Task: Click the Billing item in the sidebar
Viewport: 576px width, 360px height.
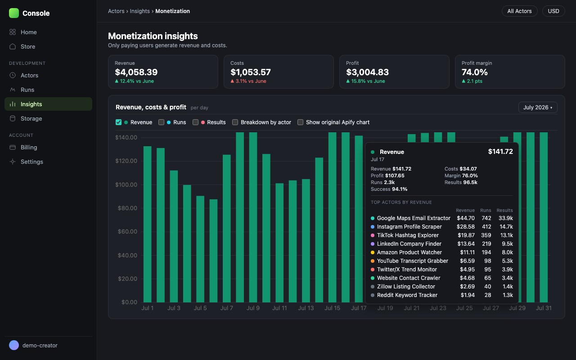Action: click(x=29, y=147)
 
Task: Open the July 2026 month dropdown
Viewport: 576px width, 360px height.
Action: click(x=538, y=108)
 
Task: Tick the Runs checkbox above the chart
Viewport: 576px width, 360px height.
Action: click(x=161, y=122)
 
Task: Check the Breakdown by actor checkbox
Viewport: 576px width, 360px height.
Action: click(x=235, y=122)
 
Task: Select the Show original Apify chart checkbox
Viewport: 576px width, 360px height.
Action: click(x=300, y=122)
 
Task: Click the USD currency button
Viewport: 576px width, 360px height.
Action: click(x=553, y=11)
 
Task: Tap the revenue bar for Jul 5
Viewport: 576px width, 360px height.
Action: click(x=200, y=249)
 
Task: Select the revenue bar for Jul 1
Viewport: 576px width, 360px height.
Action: click(x=147, y=224)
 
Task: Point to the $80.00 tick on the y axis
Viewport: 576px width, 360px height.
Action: click(x=127, y=208)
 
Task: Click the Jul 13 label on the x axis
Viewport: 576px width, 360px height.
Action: click(x=306, y=308)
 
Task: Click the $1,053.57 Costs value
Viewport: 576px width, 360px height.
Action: click(x=251, y=72)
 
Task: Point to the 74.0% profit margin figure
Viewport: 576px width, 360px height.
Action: click(x=474, y=72)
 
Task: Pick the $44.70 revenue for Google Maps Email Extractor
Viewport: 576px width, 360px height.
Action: click(x=466, y=218)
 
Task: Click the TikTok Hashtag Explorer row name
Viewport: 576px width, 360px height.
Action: click(x=408, y=235)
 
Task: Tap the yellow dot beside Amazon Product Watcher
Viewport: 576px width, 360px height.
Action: click(x=372, y=252)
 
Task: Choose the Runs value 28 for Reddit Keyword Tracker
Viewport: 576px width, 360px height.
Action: click(x=488, y=295)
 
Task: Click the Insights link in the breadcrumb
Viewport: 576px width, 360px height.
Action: click(x=139, y=11)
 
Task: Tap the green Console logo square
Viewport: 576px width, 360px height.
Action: click(x=14, y=13)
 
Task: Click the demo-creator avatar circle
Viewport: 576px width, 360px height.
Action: click(x=14, y=345)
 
